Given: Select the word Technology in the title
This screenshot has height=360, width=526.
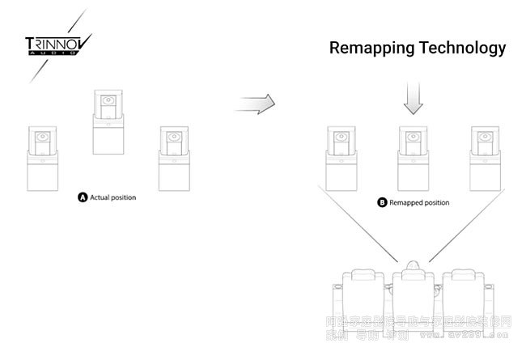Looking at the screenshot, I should coord(464,49).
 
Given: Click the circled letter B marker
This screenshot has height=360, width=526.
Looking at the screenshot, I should coord(382,202).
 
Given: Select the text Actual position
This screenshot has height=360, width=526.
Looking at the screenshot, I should coord(113,197).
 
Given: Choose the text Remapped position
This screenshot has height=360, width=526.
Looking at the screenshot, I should coord(418,202).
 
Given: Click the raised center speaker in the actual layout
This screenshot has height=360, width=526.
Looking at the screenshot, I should coord(108,121).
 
